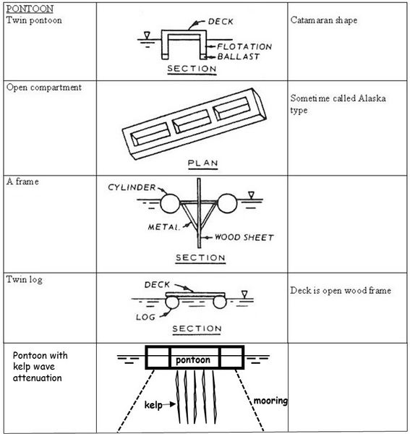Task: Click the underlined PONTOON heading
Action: click(x=30, y=9)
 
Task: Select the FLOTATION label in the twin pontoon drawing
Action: click(x=244, y=46)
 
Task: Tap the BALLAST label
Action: click(x=239, y=56)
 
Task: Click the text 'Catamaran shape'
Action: click(x=324, y=20)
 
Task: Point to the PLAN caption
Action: click(x=202, y=163)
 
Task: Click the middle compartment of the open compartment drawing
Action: click(x=192, y=121)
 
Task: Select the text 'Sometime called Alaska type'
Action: click(x=338, y=104)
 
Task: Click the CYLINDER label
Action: click(x=132, y=187)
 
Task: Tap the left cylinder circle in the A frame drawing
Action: click(x=170, y=203)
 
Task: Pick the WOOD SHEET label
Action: click(x=244, y=237)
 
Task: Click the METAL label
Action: click(x=163, y=227)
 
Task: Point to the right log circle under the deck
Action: click(x=220, y=302)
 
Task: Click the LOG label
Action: click(x=145, y=318)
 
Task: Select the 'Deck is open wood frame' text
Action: click(x=341, y=290)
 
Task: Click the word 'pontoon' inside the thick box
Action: click(x=193, y=359)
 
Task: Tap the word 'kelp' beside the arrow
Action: click(x=153, y=405)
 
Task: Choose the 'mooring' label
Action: click(x=270, y=401)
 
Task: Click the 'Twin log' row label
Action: click(x=25, y=279)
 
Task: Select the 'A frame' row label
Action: click(x=22, y=182)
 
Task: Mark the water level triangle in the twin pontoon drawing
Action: click(x=147, y=35)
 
